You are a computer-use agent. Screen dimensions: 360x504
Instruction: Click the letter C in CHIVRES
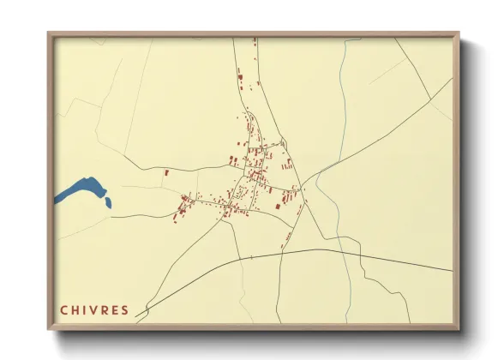63,310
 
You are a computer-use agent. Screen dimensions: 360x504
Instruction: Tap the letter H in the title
75,310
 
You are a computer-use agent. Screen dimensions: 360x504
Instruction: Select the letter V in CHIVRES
94,310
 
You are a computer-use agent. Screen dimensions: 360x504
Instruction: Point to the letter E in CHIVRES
115,310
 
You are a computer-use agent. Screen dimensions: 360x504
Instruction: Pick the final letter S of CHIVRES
125,310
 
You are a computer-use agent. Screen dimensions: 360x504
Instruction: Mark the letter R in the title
105,310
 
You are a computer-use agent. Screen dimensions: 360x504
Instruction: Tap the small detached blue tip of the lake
108,203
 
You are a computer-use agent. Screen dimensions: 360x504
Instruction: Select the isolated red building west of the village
166,172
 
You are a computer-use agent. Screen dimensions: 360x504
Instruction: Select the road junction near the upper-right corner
429,93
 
